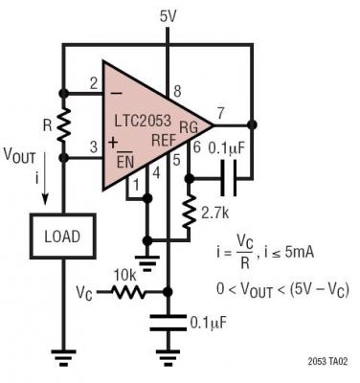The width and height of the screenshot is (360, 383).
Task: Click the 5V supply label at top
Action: (169, 15)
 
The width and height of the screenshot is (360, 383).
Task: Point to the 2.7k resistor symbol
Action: (191, 207)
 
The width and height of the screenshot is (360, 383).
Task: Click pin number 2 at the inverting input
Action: (94, 84)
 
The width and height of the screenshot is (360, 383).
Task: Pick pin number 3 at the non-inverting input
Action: (94, 146)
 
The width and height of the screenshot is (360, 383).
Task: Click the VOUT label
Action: (22, 155)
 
